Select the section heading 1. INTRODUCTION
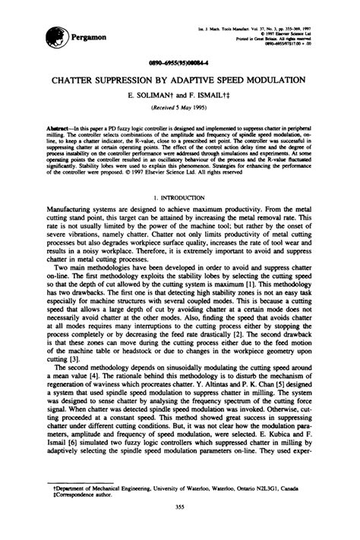click(x=179, y=196)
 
